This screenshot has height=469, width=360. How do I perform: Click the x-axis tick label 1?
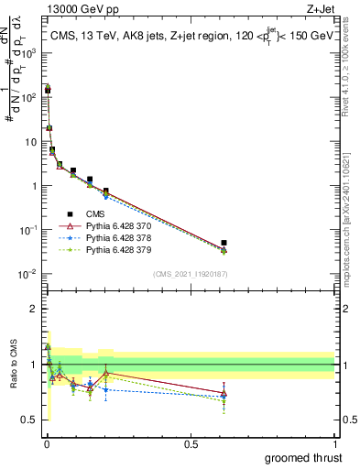[x=334, y=443]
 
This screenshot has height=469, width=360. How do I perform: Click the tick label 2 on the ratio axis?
[x=36, y=309]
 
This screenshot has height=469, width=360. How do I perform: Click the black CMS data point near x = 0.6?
[x=224, y=243]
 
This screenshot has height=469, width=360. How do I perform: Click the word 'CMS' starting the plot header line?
[x=62, y=36]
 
